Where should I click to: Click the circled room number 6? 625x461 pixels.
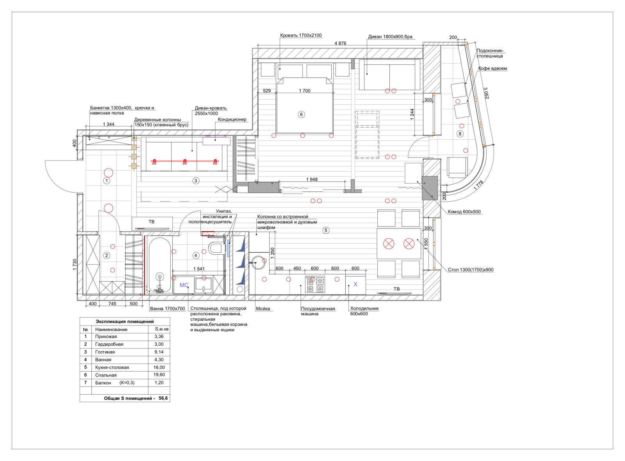pos(301,114)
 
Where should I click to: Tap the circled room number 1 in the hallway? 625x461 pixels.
pos(107,181)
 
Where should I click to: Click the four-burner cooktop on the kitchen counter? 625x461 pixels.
pos(315,284)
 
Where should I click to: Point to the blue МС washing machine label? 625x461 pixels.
pos(184,285)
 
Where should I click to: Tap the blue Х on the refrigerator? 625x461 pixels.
pos(355,284)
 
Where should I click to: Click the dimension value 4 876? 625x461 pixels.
pos(340,43)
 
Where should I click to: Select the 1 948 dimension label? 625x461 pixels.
pos(312,179)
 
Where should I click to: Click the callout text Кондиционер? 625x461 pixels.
pos(232,120)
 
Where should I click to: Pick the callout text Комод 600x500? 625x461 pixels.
pos(464,212)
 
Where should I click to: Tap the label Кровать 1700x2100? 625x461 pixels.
pos(301,36)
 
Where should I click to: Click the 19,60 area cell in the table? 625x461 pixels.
pos(159,375)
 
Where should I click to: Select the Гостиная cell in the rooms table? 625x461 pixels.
pos(105,352)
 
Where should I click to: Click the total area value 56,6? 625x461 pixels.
pos(163,398)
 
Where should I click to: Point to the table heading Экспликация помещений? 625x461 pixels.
pos(125,322)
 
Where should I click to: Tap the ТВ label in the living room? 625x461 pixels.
pos(152,222)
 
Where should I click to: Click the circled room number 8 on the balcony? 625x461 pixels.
pos(460,134)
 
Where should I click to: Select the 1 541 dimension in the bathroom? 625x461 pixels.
pos(199,269)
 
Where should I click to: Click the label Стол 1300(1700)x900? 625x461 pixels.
pos(471,270)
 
